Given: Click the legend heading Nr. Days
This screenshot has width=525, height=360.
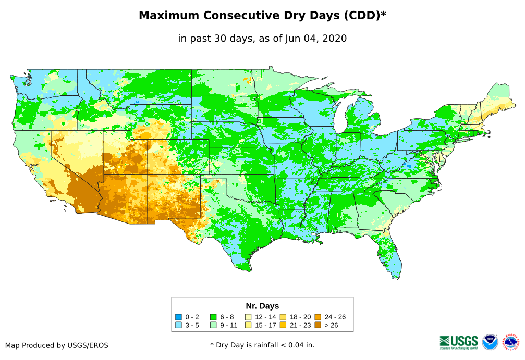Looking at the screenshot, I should (x=262, y=306).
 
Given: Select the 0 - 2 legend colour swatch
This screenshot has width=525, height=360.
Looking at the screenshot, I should (x=179, y=317).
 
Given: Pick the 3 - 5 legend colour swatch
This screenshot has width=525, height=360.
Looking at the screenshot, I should (x=179, y=325).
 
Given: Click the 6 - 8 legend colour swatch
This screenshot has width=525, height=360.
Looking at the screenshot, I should (x=213, y=317).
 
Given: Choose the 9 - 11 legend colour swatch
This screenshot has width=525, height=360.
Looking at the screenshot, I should (x=213, y=325).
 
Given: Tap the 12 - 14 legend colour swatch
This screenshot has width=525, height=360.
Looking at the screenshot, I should (x=248, y=317).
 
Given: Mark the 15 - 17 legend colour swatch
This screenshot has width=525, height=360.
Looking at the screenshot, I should (x=248, y=325).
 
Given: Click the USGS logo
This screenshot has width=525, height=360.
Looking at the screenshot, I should (x=459, y=341).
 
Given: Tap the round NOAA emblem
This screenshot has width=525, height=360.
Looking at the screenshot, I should (x=490, y=342).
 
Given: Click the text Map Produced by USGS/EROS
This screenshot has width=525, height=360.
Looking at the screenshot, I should (x=57, y=345).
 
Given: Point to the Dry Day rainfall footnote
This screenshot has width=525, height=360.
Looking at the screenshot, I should (x=262, y=345).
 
